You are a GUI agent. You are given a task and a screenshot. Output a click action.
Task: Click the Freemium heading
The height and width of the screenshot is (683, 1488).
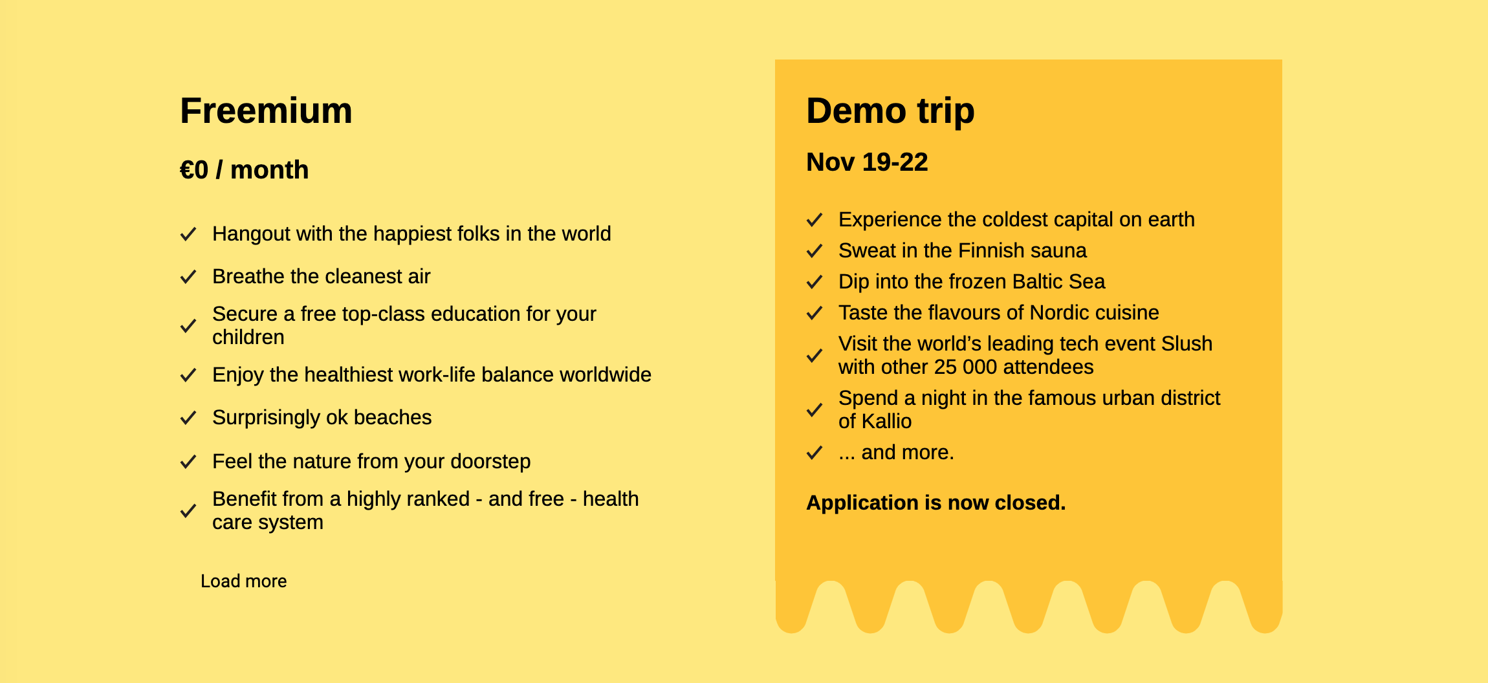(x=266, y=111)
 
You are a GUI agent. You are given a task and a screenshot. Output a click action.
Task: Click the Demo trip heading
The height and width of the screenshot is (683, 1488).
(x=890, y=111)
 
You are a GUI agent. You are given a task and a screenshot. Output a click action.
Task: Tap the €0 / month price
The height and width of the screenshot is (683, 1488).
(x=244, y=170)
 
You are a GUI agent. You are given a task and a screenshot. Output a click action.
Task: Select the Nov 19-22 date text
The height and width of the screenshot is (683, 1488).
(x=867, y=162)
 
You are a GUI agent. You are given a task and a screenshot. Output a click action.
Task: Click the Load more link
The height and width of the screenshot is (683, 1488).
(x=243, y=581)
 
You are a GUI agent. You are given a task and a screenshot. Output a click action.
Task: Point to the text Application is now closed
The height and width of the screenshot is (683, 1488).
(x=935, y=503)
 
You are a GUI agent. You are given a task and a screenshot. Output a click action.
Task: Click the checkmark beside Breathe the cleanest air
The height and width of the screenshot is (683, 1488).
(x=188, y=277)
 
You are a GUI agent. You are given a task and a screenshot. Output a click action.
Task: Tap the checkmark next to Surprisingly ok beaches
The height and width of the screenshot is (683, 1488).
(x=188, y=418)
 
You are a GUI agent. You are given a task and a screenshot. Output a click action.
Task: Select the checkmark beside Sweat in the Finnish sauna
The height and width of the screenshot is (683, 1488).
(x=815, y=251)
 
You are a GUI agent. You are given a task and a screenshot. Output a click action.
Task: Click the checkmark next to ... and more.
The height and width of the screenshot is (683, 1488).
(x=815, y=453)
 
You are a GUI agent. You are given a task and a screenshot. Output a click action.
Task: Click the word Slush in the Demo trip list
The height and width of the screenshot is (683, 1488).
(x=1187, y=343)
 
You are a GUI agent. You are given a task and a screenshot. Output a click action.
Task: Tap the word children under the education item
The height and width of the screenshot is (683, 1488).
(x=248, y=337)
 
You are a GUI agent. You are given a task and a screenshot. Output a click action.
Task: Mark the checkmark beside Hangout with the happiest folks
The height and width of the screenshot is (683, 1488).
(x=188, y=234)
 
